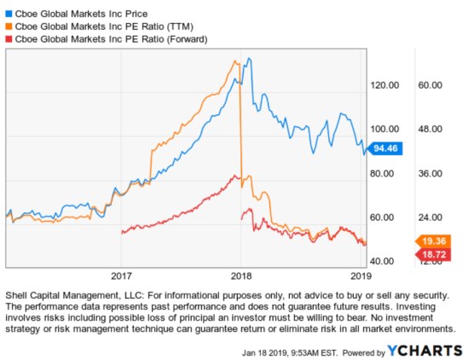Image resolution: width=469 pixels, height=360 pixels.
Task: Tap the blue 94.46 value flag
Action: point(385,148)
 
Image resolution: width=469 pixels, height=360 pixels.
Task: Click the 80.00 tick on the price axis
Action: point(384,173)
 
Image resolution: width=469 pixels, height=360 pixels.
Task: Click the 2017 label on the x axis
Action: point(121,276)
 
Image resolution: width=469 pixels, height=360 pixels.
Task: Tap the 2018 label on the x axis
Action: point(241,276)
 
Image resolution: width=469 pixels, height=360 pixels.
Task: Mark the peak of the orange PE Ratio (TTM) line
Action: point(235,61)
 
